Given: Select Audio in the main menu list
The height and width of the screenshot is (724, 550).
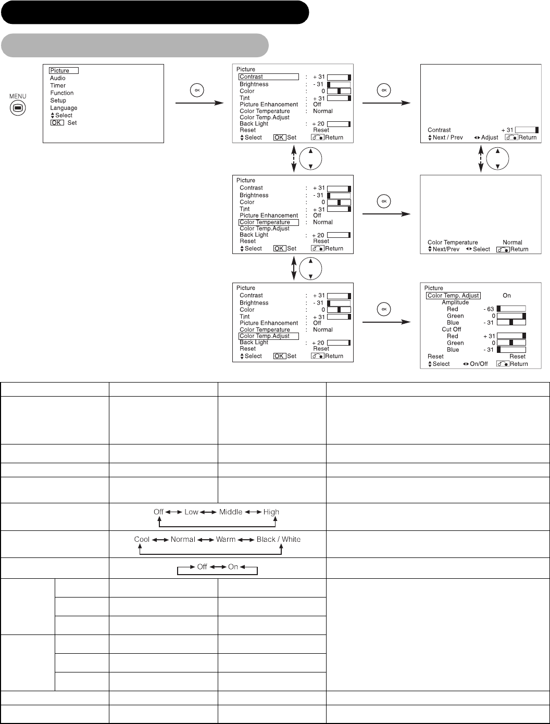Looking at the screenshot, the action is click(x=58, y=78).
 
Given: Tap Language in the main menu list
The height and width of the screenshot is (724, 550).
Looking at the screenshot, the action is click(x=64, y=108).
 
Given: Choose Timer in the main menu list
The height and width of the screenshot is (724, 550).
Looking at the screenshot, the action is click(x=58, y=85).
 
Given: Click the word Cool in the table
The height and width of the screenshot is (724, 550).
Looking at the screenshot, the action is click(x=142, y=539).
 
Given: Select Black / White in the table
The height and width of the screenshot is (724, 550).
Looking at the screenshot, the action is click(x=278, y=539).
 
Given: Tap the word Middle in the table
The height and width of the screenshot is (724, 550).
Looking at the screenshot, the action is click(x=231, y=512).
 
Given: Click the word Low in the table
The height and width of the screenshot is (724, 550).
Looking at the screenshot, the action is click(x=191, y=512).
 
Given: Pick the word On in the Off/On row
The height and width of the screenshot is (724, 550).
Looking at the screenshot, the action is click(x=233, y=567).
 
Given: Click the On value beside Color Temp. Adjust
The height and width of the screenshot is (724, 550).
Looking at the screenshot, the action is click(x=506, y=296).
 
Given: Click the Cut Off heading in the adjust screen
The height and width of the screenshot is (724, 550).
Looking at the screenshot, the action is click(x=451, y=329).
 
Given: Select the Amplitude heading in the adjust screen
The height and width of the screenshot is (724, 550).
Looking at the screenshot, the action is click(x=455, y=302).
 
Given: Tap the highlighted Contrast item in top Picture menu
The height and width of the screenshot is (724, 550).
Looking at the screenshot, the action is click(x=269, y=77).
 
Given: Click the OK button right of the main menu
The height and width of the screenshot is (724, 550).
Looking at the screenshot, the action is click(x=197, y=90).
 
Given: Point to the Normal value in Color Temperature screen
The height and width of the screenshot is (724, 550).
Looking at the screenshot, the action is click(x=512, y=243).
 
